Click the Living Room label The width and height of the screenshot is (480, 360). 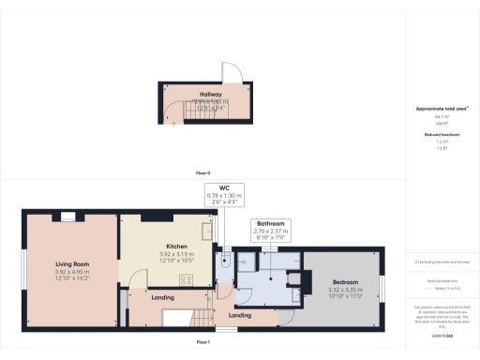pos(71,264)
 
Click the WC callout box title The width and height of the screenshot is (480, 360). pos(224,187)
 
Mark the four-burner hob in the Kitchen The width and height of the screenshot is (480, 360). pos(186,278)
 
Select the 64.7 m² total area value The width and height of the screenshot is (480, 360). pos(441,116)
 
